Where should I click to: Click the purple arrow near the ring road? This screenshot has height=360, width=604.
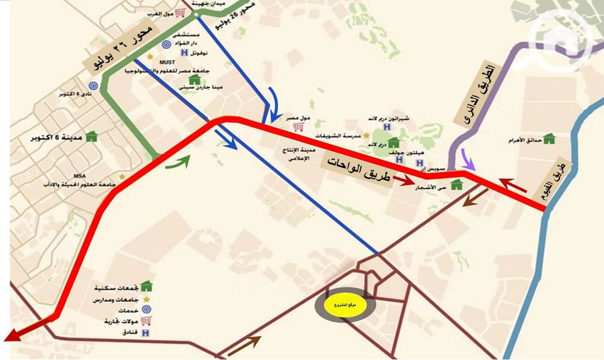(468, 162)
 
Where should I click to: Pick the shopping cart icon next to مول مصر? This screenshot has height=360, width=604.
(296, 127)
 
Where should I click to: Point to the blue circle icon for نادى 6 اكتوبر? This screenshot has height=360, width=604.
(93, 86)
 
